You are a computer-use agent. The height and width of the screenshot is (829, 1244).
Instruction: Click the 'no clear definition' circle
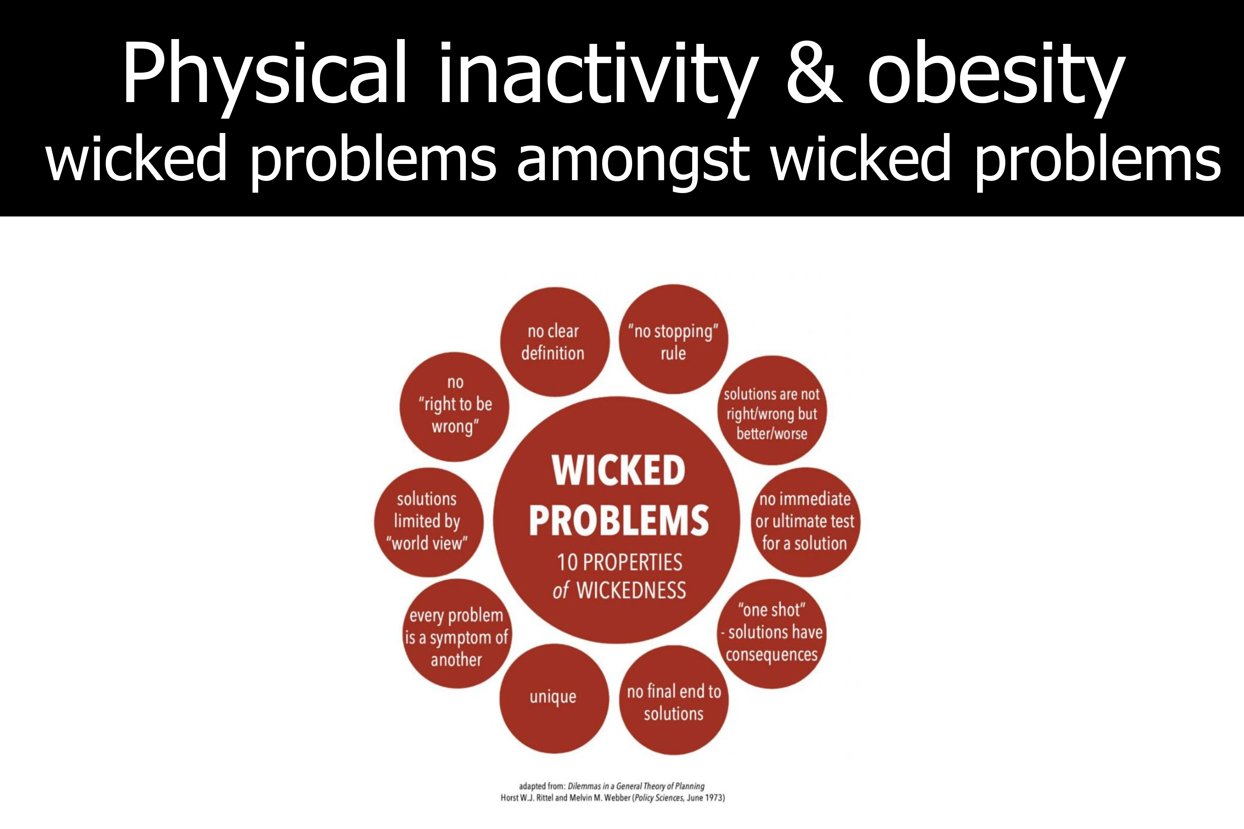point(555,342)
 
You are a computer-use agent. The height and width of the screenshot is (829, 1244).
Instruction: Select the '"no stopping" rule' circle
point(673,339)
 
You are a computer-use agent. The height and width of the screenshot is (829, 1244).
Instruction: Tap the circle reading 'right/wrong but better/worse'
point(772,410)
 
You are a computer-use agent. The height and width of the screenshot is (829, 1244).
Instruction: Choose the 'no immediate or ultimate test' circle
point(805,522)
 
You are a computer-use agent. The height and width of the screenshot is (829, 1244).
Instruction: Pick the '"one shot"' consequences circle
point(772,633)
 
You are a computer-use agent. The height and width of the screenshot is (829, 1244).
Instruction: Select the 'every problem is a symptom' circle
point(457,633)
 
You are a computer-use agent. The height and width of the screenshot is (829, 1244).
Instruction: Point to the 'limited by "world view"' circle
point(428,522)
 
